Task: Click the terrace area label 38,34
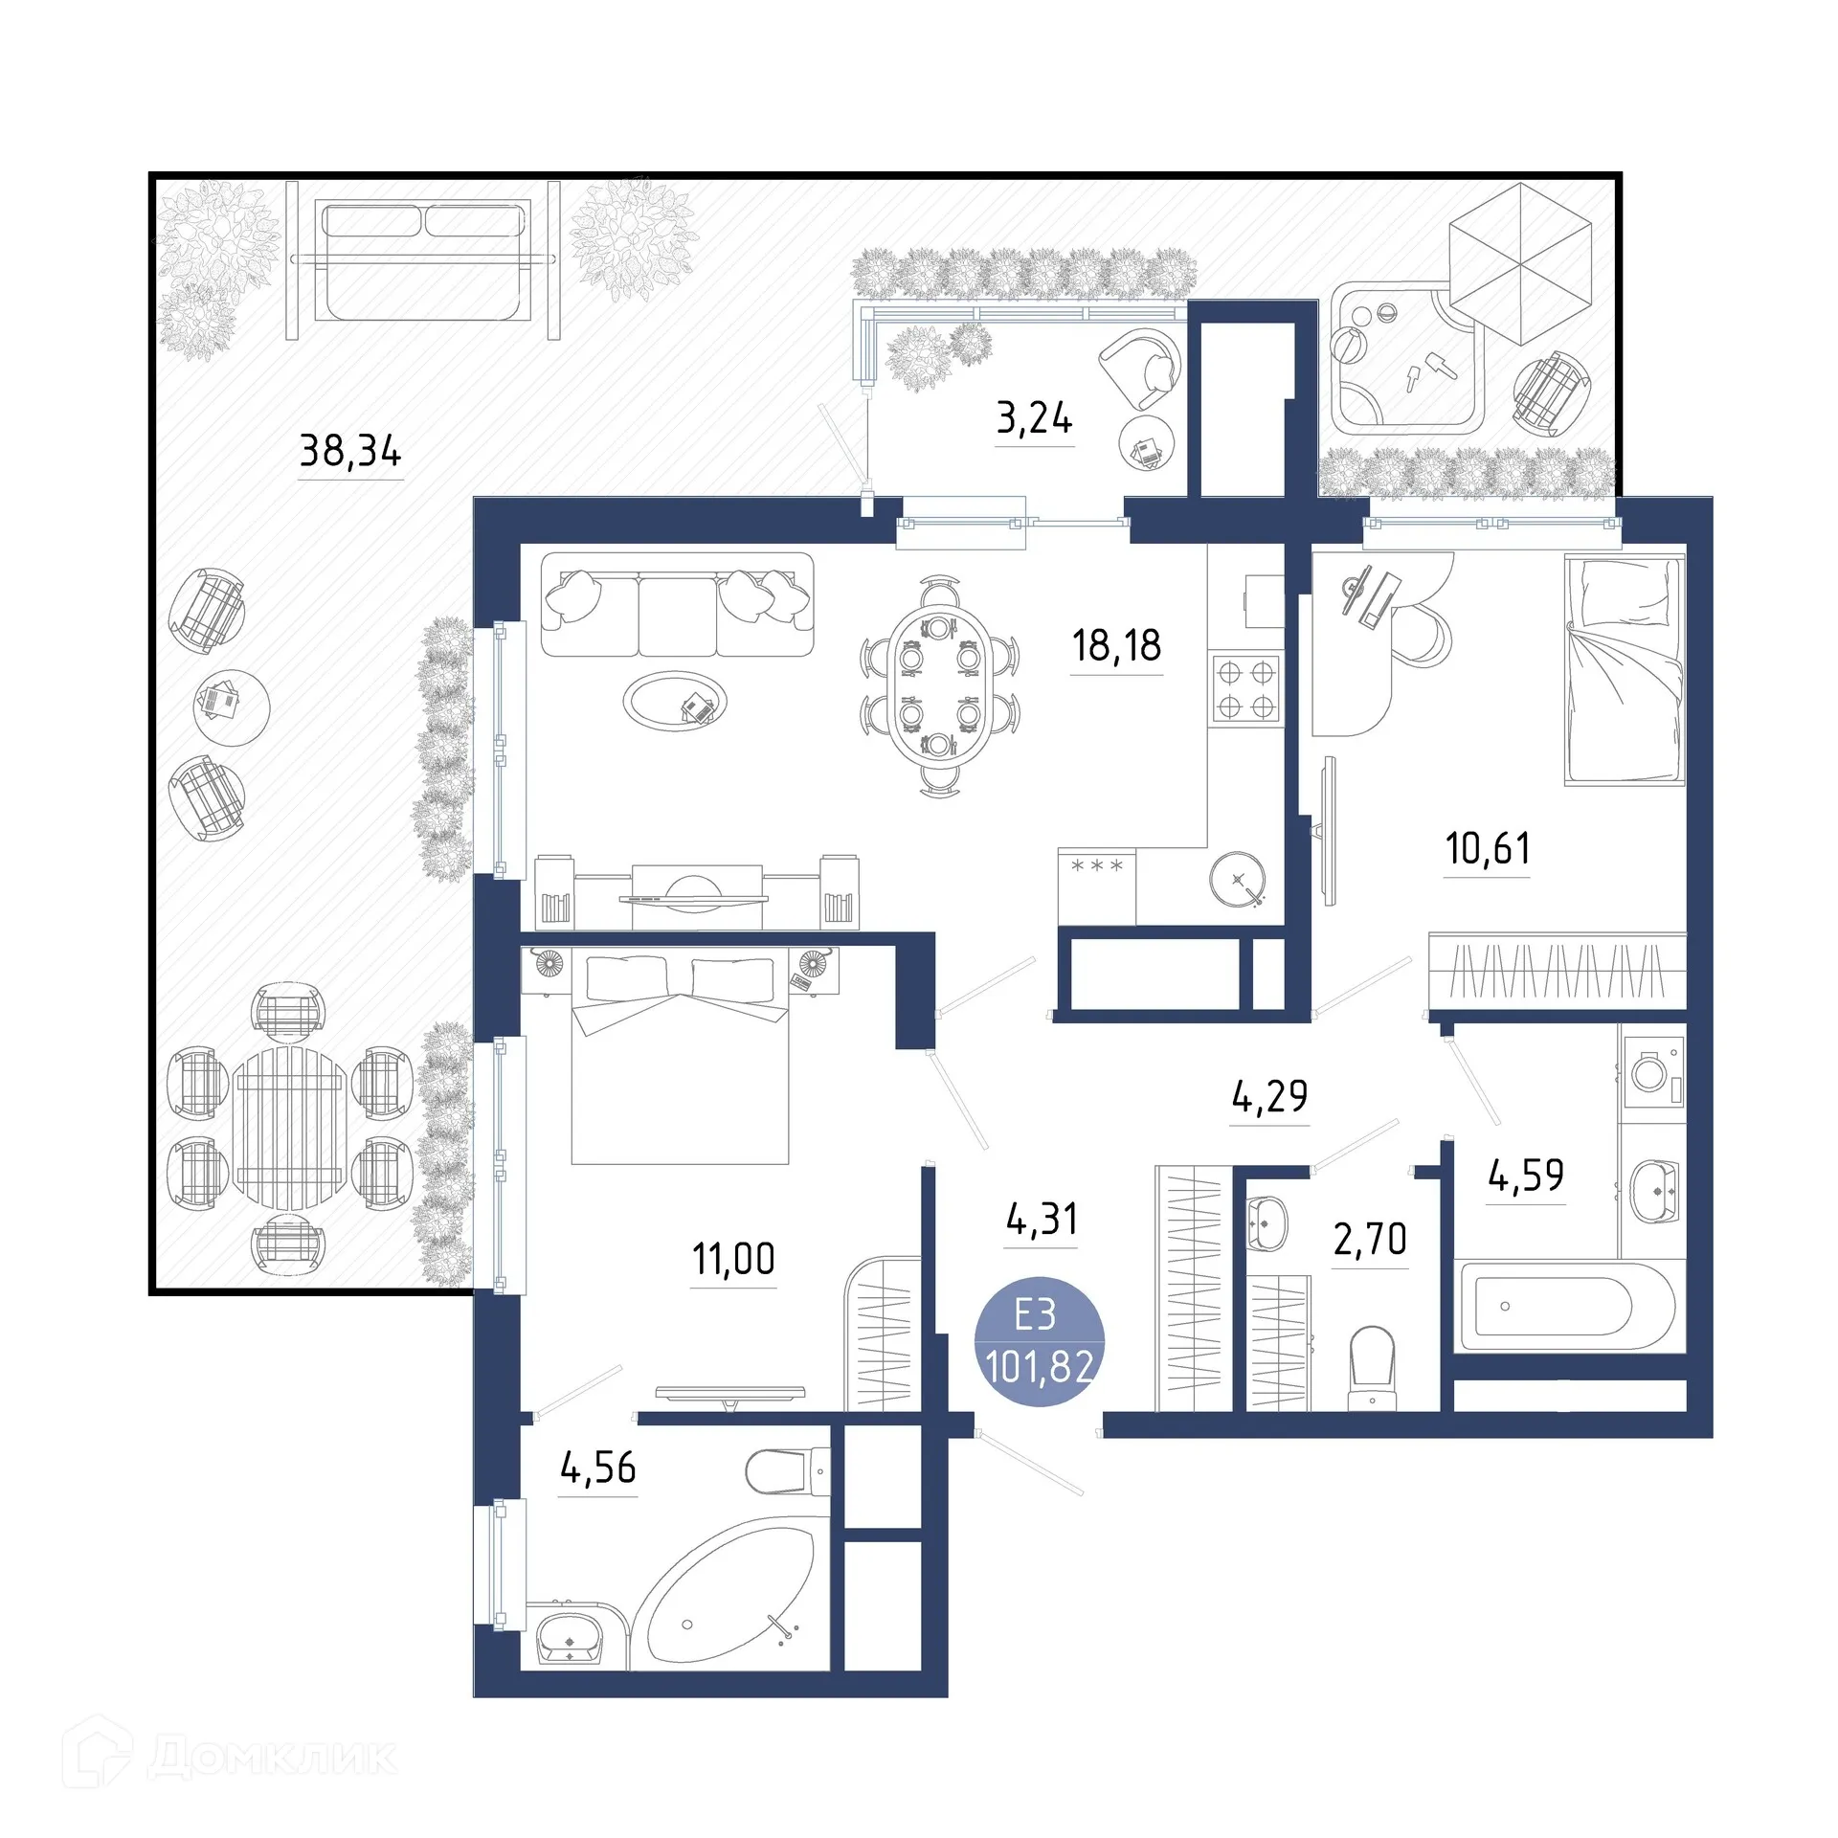[x=350, y=450]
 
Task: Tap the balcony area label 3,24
[x=1034, y=418]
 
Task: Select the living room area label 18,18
[x=1116, y=646]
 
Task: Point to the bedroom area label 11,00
[x=733, y=1259]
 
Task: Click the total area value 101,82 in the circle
[x=1039, y=1366]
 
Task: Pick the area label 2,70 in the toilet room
[x=1370, y=1240]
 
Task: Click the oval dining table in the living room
[x=940, y=686]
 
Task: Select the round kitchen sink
[x=1237, y=878]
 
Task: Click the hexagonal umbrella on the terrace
[x=1519, y=263]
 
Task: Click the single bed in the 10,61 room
[x=1624, y=670]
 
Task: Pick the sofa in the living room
[x=677, y=605]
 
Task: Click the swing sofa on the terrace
[x=423, y=260]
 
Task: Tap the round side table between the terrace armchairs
[x=231, y=706]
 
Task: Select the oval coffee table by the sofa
[x=674, y=701]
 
